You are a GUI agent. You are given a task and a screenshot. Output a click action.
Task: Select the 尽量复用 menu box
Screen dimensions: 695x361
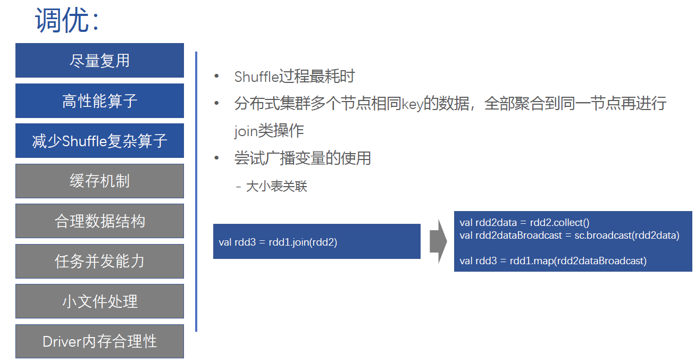[99, 61]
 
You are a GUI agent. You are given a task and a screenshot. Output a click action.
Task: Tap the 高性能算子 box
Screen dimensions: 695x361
[99, 101]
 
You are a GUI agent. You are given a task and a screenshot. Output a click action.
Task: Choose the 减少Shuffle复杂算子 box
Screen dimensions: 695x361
[99, 141]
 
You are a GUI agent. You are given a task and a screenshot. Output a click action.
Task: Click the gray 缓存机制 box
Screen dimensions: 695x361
[99, 181]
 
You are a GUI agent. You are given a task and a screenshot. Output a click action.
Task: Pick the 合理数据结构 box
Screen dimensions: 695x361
[99, 221]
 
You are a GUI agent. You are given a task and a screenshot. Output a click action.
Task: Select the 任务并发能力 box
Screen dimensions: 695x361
[99, 261]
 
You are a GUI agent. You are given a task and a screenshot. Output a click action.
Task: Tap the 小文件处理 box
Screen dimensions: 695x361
[99, 301]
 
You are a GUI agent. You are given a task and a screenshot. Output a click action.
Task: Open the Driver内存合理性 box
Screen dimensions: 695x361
[99, 341]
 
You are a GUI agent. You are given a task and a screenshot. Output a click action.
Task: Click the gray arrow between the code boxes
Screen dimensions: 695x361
[438, 241]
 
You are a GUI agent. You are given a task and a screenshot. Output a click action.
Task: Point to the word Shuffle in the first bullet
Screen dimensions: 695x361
[257, 77]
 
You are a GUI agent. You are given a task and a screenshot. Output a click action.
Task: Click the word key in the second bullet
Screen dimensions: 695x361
[412, 104]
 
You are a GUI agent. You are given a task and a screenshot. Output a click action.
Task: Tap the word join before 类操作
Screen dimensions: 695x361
[246, 131]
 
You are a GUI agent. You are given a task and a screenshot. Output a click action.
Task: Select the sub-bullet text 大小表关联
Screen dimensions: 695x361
[277, 187]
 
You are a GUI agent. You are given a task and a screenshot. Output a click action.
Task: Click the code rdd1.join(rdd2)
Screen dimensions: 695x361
[303, 242]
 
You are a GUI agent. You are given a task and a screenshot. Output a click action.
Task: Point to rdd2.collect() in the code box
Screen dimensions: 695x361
[559, 223]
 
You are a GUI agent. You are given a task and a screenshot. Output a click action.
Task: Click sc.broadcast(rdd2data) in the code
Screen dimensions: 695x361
[627, 236]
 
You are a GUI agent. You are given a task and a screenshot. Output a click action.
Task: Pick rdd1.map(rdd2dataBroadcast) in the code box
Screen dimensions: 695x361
[578, 261]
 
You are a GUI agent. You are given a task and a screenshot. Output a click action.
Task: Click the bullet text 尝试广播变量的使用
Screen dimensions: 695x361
[303, 158]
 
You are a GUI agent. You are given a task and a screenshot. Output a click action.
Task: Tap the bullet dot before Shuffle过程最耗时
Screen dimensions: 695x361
[216, 77]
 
